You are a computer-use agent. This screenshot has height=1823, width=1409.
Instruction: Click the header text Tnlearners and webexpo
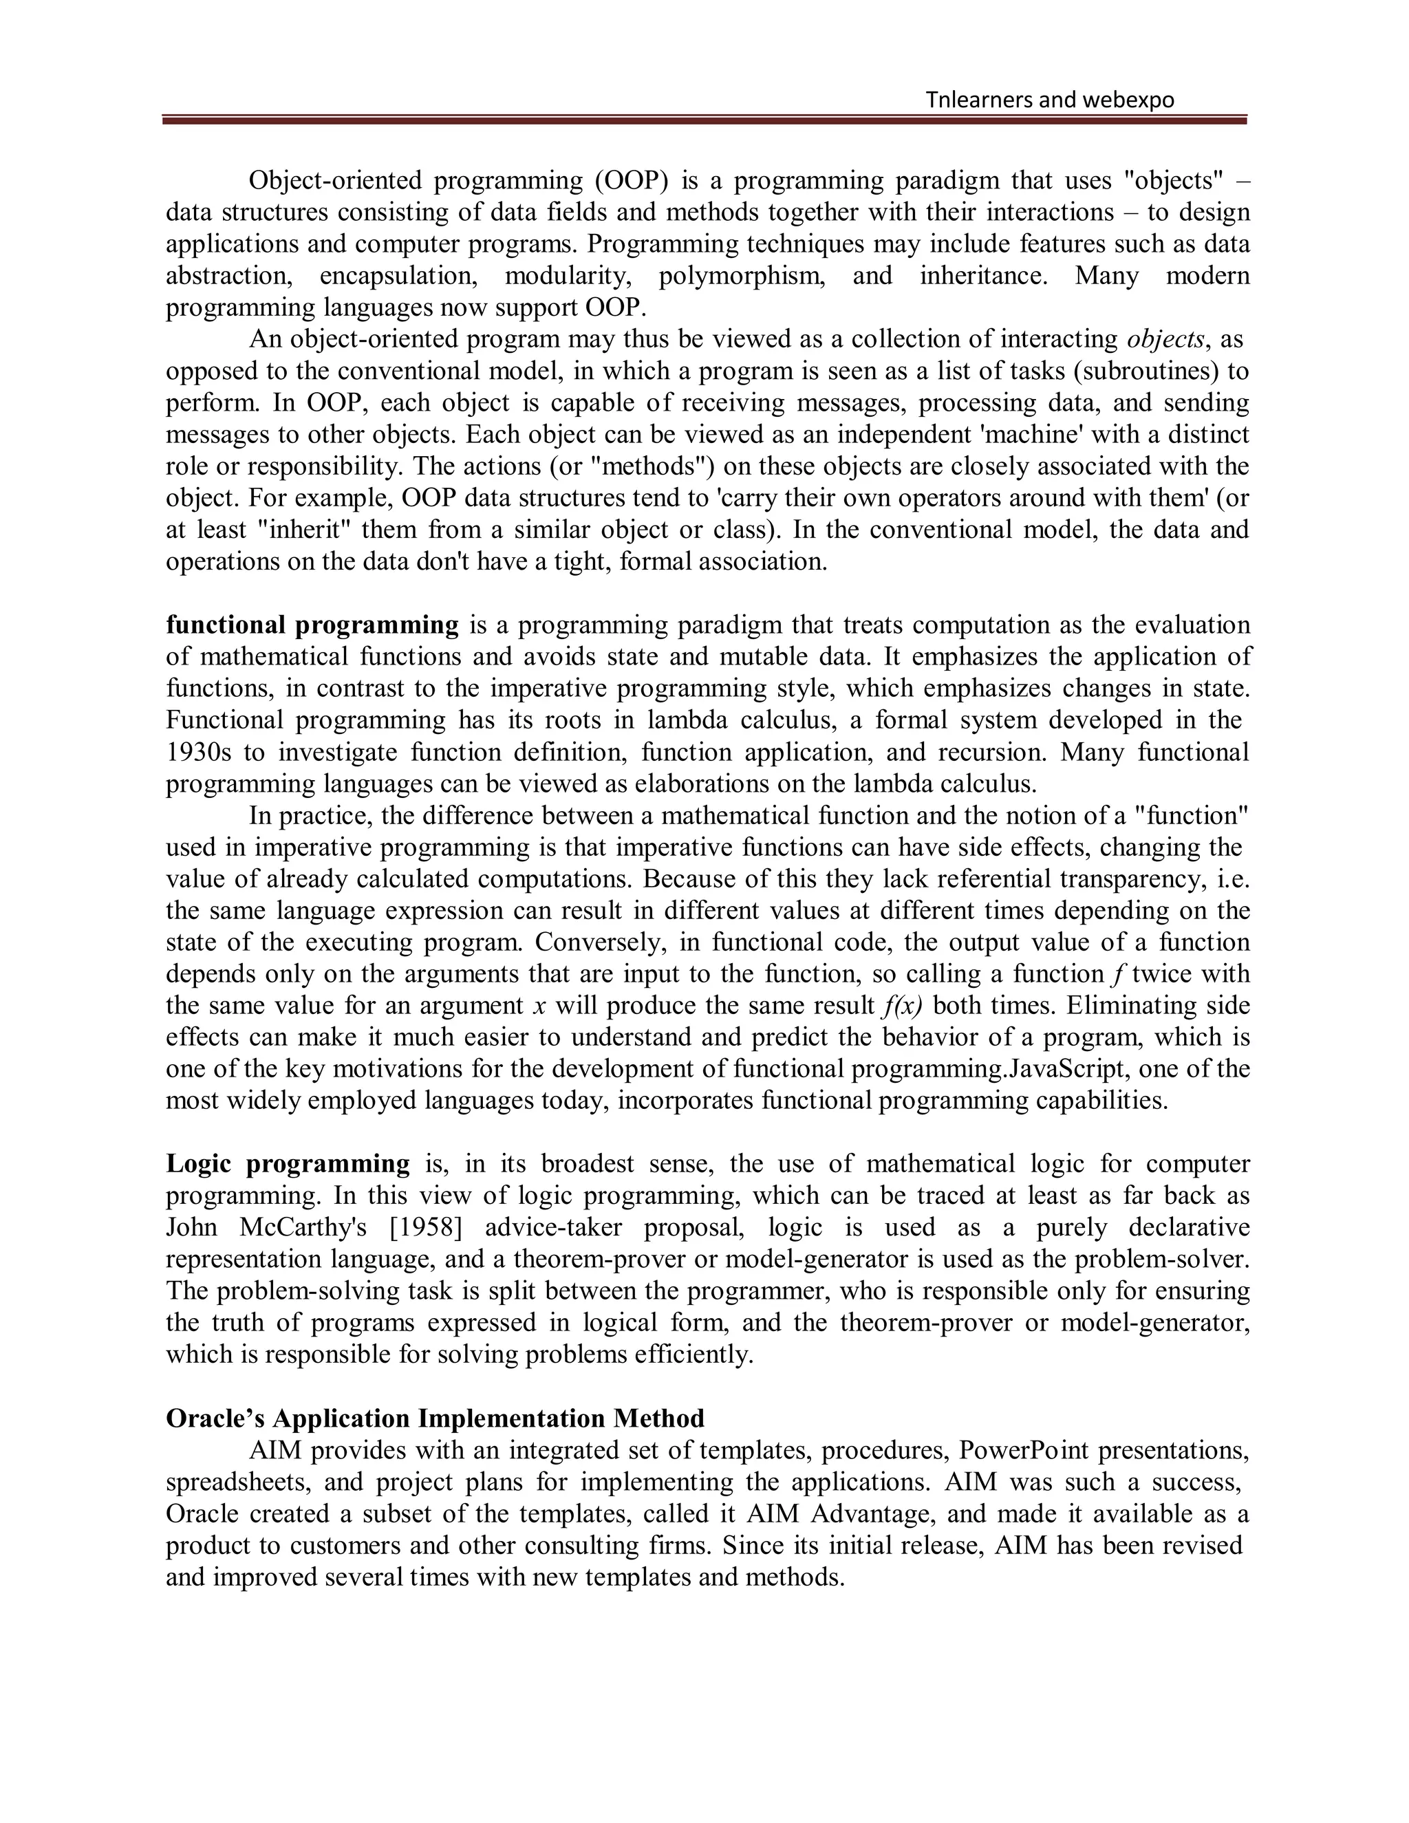point(1049,100)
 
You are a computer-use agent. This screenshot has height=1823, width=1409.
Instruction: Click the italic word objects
point(1165,339)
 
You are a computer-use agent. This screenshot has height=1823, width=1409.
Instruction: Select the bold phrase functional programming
point(312,625)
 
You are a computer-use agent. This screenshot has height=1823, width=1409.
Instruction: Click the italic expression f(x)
point(901,1006)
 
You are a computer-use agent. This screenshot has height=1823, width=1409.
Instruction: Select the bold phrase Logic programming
point(288,1163)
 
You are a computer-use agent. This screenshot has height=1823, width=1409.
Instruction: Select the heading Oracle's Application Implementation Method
point(435,1419)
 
